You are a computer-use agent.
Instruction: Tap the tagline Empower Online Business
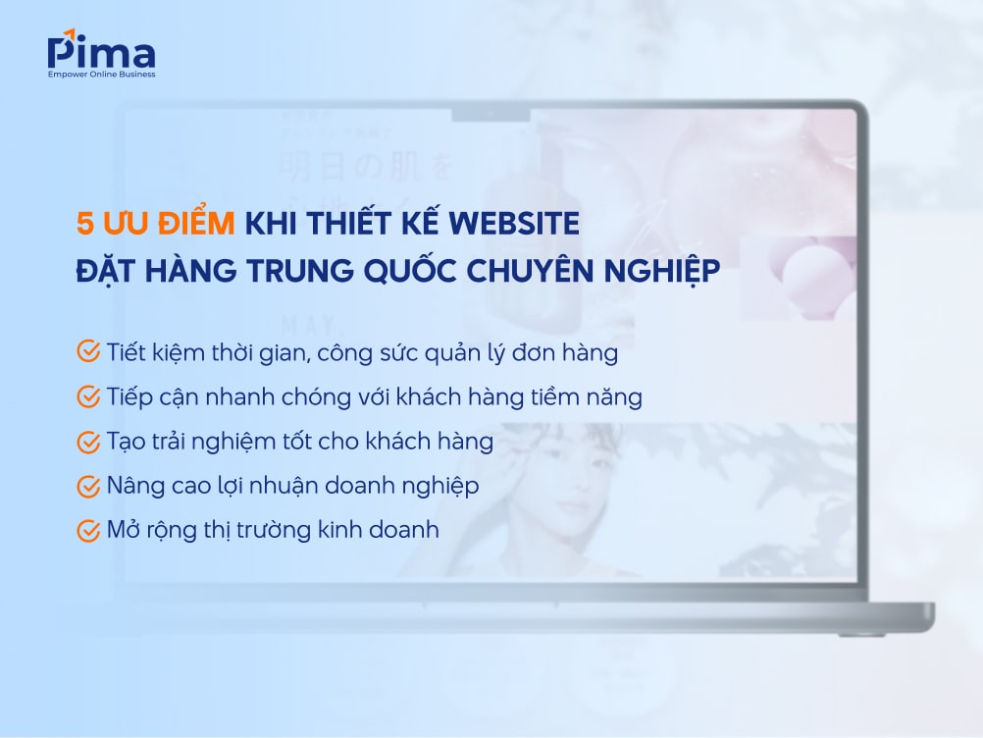[x=101, y=74]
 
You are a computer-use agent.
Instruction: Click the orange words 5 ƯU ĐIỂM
[x=155, y=225]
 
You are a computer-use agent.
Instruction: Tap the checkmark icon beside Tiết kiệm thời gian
[x=88, y=351]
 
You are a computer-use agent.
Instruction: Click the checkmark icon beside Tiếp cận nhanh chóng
[x=88, y=396]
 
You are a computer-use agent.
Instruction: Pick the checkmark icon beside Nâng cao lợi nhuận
[x=88, y=486]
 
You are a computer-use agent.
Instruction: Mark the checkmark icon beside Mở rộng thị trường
[x=88, y=531]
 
